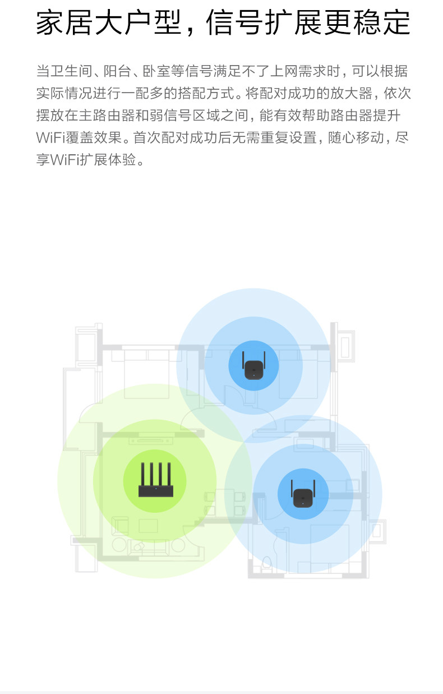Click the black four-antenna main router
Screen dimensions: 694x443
point(156,482)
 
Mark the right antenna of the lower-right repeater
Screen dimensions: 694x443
point(313,489)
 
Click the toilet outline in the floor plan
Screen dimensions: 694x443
point(267,562)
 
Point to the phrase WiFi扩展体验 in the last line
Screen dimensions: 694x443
point(93,160)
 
